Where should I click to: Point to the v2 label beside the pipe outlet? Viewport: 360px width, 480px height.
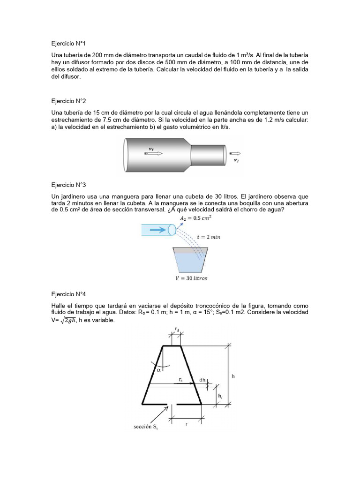pyautogui.click(x=236, y=160)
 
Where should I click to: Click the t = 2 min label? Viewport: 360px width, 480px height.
pyautogui.click(x=209, y=237)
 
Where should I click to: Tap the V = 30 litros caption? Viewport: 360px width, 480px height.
pyautogui.click(x=187, y=278)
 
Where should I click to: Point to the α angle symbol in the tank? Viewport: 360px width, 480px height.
pyautogui.click(x=159, y=369)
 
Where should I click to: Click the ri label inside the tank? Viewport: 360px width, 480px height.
pyautogui.click(x=180, y=379)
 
